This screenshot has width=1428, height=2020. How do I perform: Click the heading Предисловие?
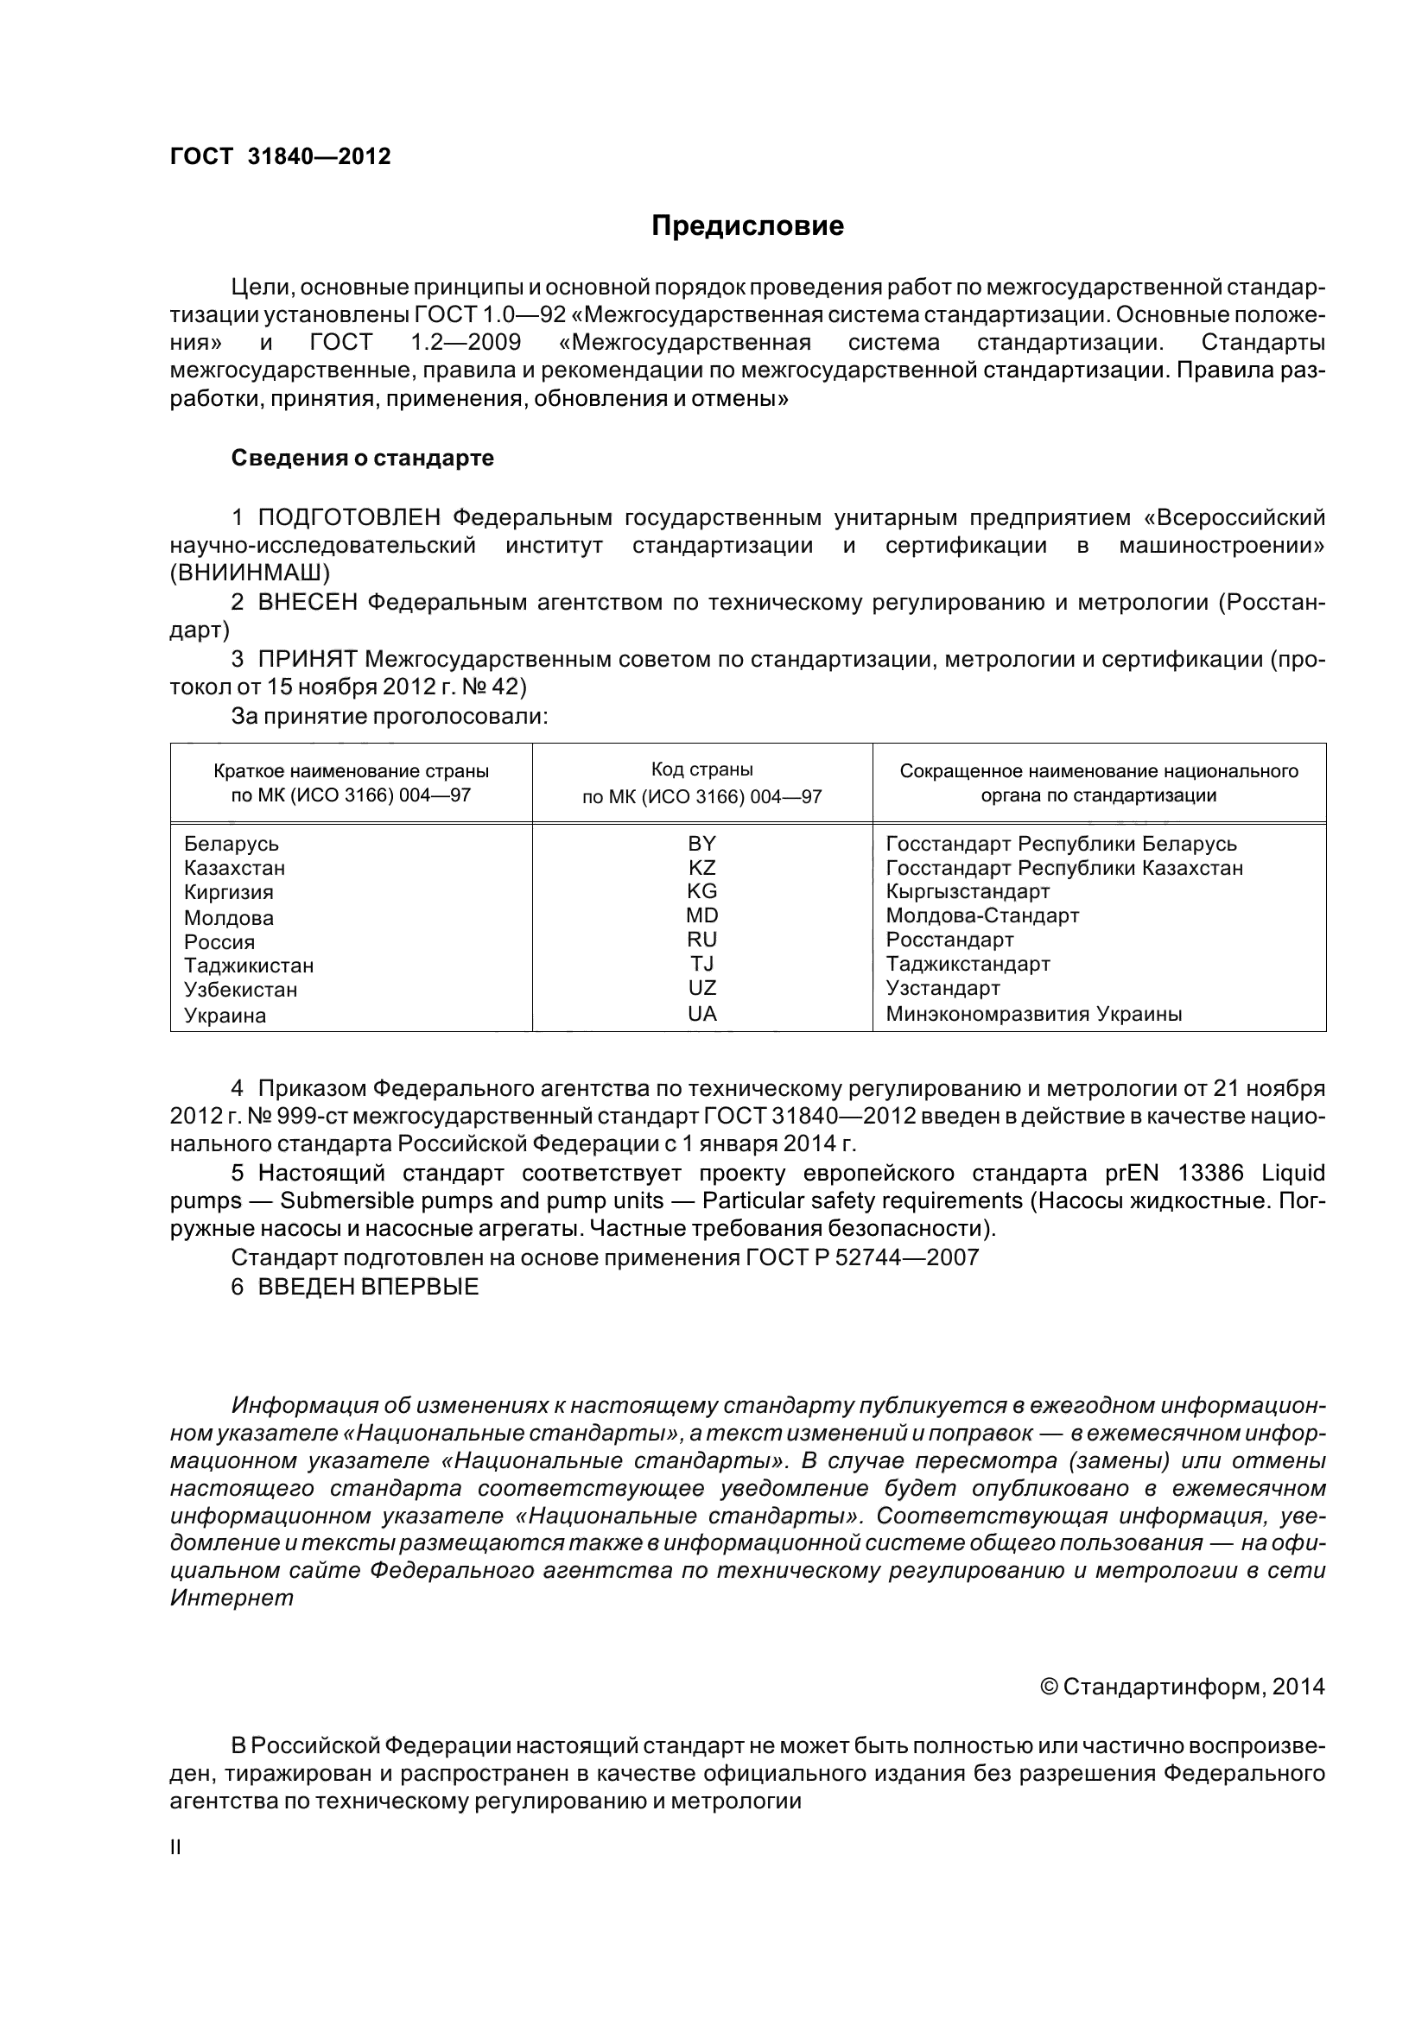pyautogui.click(x=747, y=226)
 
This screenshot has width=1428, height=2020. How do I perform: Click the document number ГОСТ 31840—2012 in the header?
pyautogui.click(x=280, y=156)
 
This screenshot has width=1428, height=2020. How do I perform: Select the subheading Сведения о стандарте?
pyautogui.click(x=363, y=459)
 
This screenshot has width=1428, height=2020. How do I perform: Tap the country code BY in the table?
pyautogui.click(x=701, y=844)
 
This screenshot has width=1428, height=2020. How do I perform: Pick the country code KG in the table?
pyautogui.click(x=701, y=891)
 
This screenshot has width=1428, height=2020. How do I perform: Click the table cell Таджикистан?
pyautogui.click(x=249, y=966)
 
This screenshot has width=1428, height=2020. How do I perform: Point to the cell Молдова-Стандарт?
pyautogui.click(x=982, y=915)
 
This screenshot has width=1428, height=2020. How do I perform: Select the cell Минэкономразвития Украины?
pyautogui.click(x=1034, y=1015)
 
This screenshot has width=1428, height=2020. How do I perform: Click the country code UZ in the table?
pyautogui.click(x=701, y=989)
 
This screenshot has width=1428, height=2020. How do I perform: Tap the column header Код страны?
pyautogui.click(x=701, y=769)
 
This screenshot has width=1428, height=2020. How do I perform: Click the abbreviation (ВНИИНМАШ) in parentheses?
pyautogui.click(x=250, y=573)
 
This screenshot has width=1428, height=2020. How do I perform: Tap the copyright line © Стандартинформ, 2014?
pyautogui.click(x=1182, y=1687)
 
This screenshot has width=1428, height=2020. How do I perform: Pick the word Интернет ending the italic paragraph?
pyautogui.click(x=232, y=1598)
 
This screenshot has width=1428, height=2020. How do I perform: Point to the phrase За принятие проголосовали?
pyautogui.click(x=390, y=716)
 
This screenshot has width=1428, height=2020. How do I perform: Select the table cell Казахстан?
pyautogui.click(x=235, y=868)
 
